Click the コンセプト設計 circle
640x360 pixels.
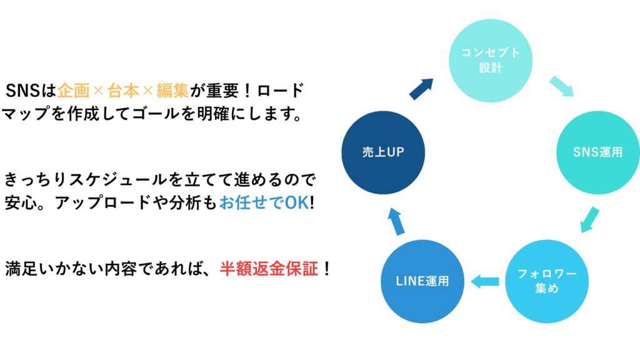tap(491, 61)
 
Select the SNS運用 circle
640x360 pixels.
tap(598, 152)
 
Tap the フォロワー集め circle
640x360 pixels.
tap(547, 281)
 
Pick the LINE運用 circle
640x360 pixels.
tap(422, 281)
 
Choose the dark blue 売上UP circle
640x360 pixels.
tap(383, 152)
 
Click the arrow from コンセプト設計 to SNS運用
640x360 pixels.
tap(562, 86)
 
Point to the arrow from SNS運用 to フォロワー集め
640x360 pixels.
tap(590, 219)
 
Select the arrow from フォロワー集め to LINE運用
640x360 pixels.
tap(485, 281)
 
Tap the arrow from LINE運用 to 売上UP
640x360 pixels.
tap(396, 221)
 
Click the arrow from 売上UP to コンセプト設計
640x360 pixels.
tap(421, 89)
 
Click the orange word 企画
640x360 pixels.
tap(74, 91)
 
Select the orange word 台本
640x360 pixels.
tap(123, 91)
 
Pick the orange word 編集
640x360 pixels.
tap(172, 91)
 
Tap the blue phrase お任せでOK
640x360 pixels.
tap(264, 202)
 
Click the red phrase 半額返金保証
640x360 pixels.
tap(269, 269)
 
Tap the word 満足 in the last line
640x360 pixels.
tap(22, 269)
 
